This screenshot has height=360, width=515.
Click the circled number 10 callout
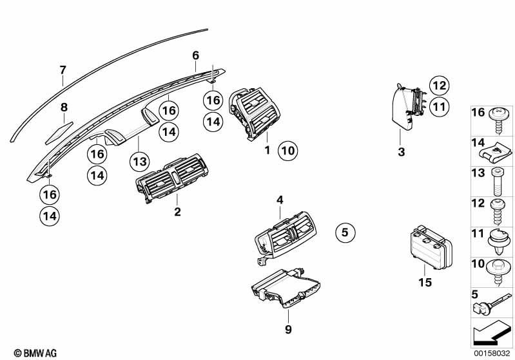[287, 151]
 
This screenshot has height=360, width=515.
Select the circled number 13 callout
[140, 162]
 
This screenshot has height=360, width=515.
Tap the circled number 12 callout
[440, 85]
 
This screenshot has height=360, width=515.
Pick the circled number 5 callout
[345, 232]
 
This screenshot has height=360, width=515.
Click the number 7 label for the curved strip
[63, 70]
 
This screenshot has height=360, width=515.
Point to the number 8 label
[64, 107]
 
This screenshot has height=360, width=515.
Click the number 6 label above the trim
[196, 55]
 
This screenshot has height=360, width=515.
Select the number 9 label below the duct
[288, 329]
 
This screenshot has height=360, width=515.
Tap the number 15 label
[425, 282]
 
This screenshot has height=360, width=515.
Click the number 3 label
[401, 152]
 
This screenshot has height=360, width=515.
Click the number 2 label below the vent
[177, 212]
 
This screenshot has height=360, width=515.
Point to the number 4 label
[280, 200]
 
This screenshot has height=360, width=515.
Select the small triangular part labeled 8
[59, 133]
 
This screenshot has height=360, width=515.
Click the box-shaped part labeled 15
[431, 247]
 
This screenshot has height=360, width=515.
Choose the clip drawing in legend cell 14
[497, 153]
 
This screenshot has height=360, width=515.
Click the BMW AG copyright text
[35, 353]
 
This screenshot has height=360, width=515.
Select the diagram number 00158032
[491, 354]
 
